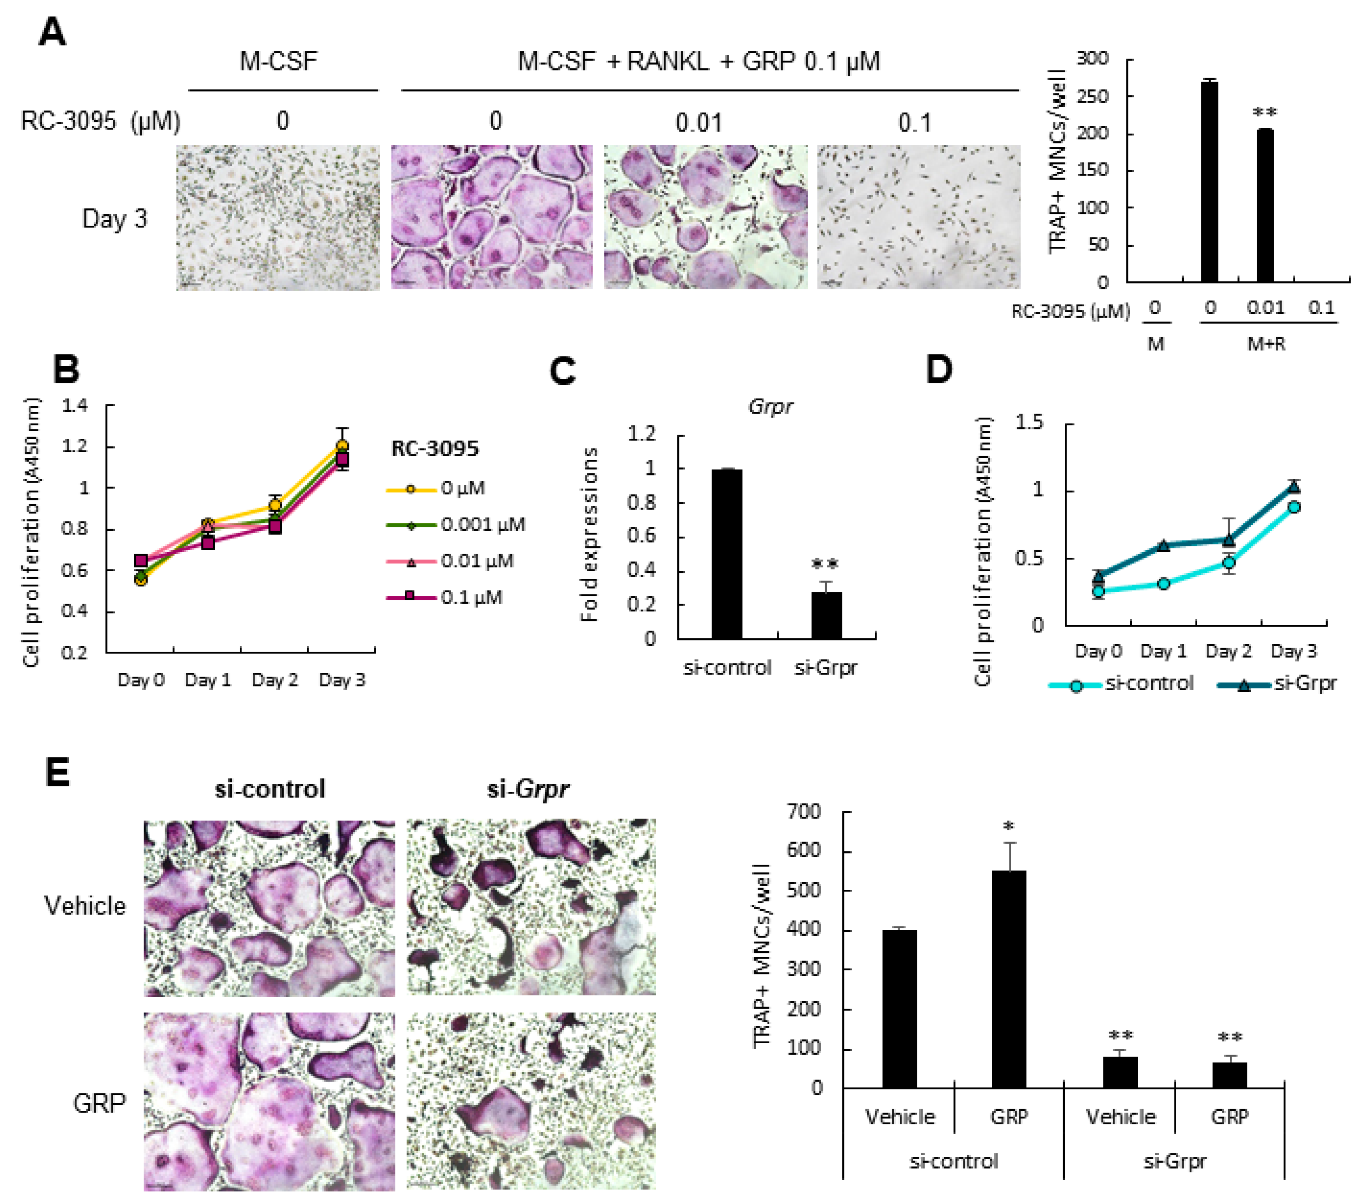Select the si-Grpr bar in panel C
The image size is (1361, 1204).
[826, 615]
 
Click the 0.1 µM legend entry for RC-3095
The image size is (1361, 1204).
[445, 597]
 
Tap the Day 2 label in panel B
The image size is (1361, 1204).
[274, 680]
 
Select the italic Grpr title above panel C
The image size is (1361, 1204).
[771, 406]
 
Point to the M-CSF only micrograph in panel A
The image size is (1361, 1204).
[278, 218]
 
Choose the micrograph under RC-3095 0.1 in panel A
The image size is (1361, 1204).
[918, 218]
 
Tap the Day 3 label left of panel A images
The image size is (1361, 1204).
[114, 218]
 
